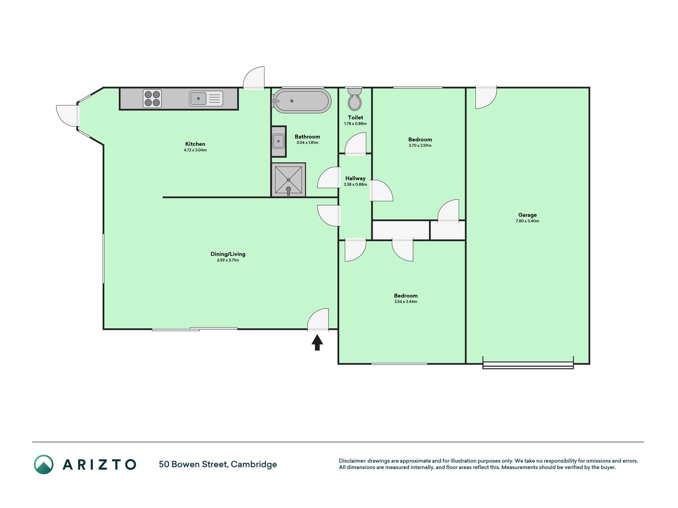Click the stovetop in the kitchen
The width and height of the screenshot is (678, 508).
pos(152,98)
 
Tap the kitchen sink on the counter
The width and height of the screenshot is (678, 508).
pos(206,98)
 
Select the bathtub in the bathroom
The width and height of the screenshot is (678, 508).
pos(302,101)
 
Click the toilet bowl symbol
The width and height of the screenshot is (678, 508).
pos(354,99)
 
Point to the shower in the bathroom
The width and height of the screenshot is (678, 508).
pos(289,180)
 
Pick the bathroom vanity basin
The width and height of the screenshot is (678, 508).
pos(278,141)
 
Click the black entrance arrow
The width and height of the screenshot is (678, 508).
pos(317,343)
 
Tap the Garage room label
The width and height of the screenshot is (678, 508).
pos(527,215)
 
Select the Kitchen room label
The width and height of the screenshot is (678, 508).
pos(195,144)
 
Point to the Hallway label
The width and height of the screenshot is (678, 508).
pos(355,179)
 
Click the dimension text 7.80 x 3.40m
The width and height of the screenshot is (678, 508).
pos(527,221)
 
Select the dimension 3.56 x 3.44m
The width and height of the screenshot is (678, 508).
pos(406,302)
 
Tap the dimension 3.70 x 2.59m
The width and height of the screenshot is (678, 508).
pos(420,146)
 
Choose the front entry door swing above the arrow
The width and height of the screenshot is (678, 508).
pos(318,319)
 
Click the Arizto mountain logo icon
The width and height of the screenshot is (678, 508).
pos(44,464)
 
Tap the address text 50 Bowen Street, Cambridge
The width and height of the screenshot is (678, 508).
pos(218,464)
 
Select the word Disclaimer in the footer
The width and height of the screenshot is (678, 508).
pos(352,461)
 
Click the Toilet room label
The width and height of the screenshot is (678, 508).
pos(355,117)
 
